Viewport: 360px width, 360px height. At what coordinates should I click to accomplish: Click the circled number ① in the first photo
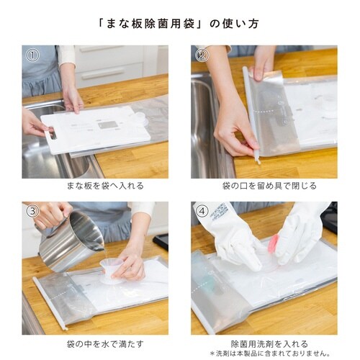point(32,55)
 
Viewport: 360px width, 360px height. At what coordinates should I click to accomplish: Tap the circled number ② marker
point(202,55)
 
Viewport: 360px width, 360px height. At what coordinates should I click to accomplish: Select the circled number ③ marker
point(32,211)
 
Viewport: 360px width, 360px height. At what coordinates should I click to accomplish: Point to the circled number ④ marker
point(202,211)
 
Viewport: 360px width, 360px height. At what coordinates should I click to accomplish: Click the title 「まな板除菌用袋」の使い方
point(179,24)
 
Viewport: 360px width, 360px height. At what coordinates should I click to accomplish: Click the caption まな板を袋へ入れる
point(105,186)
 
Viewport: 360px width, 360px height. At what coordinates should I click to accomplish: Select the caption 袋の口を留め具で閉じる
point(269,186)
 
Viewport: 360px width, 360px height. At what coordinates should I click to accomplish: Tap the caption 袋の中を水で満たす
point(105,344)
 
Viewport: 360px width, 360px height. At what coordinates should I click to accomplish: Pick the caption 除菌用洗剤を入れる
point(269,343)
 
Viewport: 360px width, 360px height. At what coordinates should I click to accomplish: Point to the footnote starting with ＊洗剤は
point(270,354)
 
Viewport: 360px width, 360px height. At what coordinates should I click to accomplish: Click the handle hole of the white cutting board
point(53,133)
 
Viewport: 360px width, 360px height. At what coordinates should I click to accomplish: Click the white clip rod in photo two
point(251,114)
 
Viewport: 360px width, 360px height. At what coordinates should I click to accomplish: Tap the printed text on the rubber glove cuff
point(218,211)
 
